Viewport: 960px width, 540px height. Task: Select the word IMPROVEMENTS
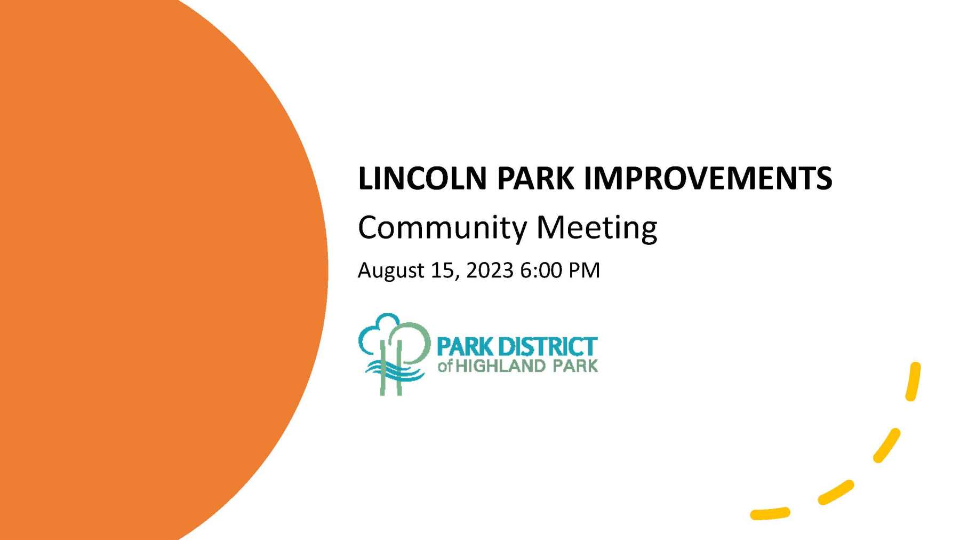click(x=708, y=178)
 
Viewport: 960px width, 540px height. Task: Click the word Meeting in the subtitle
click(x=597, y=228)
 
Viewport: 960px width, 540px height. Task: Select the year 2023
click(x=490, y=270)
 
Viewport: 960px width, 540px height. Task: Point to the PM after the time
click(x=584, y=270)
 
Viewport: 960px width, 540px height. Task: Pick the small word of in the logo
click(x=445, y=367)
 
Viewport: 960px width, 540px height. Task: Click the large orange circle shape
click(x=160, y=270)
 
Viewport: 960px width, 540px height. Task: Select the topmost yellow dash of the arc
click(x=913, y=381)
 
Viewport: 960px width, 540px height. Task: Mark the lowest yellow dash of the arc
click(x=770, y=514)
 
